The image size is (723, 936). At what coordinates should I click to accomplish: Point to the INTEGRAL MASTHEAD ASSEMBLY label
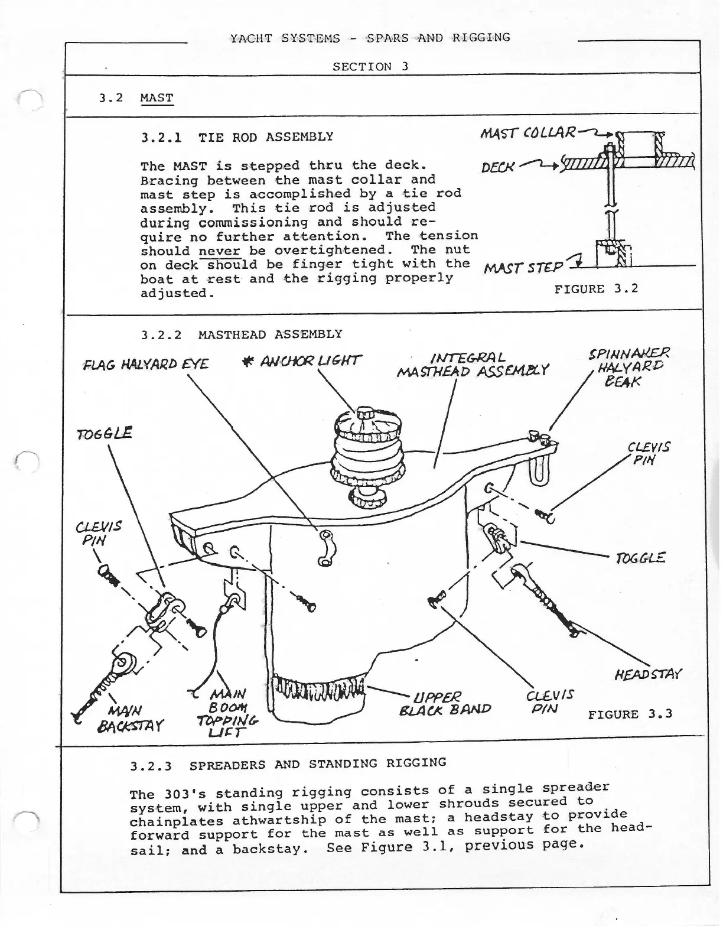pos(472,365)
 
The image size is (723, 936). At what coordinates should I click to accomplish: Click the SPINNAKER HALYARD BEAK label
pos(628,368)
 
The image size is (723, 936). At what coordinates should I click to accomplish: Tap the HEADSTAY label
pos(649,674)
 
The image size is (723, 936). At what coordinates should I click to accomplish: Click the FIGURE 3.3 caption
pos(630,714)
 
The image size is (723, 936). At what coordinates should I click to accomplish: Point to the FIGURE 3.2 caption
pos(596,289)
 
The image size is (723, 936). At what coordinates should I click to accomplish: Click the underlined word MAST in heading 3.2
pos(157,97)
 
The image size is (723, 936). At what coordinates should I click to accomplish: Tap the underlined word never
pos(219,251)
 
